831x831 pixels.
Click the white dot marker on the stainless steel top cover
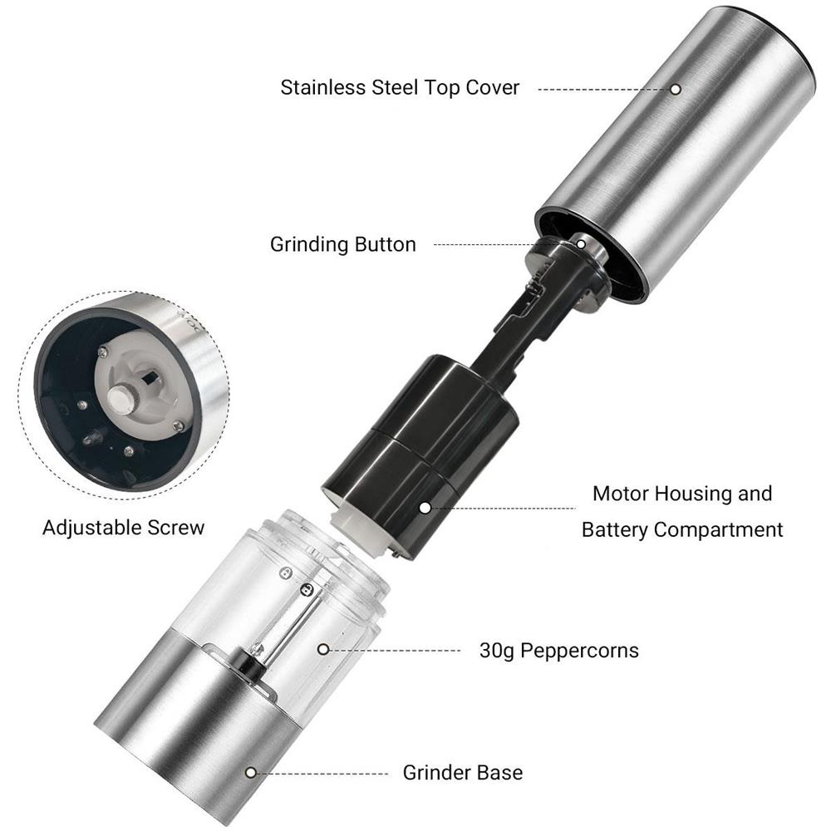click(675, 89)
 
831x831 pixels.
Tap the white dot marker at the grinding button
click(581, 244)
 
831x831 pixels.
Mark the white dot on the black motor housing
click(425, 508)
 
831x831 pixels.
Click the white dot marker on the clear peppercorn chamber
click(323, 649)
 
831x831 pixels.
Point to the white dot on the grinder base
click(251, 773)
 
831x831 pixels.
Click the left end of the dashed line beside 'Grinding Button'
click(435, 244)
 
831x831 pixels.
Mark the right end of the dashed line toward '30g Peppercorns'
click(460, 651)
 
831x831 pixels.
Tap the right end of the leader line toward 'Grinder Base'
click(388, 774)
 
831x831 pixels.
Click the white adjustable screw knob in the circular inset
click(122, 399)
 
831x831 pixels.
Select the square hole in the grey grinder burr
click(150, 378)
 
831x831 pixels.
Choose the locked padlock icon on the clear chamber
click(307, 590)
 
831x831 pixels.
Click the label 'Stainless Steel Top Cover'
click(400, 88)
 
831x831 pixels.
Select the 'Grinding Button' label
click(343, 244)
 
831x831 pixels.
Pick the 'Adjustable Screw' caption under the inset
click(124, 528)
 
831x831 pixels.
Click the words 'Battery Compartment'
click(682, 530)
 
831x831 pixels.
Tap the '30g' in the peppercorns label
click(497, 651)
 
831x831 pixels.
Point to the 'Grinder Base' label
click(463, 773)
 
